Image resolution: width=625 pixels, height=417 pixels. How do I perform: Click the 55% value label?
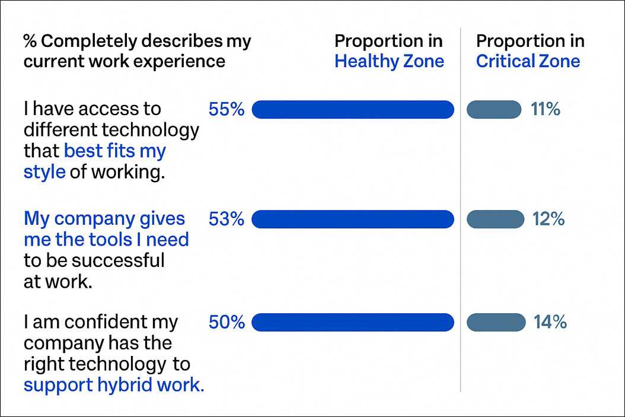pyautogui.click(x=226, y=109)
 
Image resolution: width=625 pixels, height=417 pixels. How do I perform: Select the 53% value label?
pyautogui.click(x=226, y=219)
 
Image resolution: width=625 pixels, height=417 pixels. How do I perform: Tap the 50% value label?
pyautogui.click(x=226, y=322)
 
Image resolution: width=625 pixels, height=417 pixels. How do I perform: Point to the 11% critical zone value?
pyautogui.click(x=545, y=109)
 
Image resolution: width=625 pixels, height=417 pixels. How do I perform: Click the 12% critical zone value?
pyautogui.click(x=548, y=219)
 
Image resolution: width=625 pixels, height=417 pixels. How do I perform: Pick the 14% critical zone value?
pyautogui.click(x=550, y=322)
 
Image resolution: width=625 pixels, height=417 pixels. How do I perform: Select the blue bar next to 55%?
pyautogui.click(x=353, y=109)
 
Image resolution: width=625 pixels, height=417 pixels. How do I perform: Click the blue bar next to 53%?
pyautogui.click(x=353, y=219)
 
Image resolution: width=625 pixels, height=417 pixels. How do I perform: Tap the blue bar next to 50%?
pyautogui.click(x=353, y=322)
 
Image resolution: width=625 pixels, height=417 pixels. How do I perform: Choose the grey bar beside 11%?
pyautogui.click(x=494, y=109)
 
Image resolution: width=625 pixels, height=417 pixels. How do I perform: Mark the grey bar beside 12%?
pyautogui.click(x=496, y=219)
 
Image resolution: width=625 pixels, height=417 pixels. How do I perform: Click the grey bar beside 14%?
pyautogui.click(x=496, y=322)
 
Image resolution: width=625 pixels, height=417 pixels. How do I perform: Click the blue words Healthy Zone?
pyautogui.click(x=389, y=61)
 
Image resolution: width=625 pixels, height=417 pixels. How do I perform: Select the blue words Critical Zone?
pyautogui.click(x=528, y=61)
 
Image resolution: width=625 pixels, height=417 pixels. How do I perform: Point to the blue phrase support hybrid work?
pyautogui.click(x=114, y=385)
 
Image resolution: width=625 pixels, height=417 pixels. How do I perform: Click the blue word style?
pyautogui.click(x=44, y=172)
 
